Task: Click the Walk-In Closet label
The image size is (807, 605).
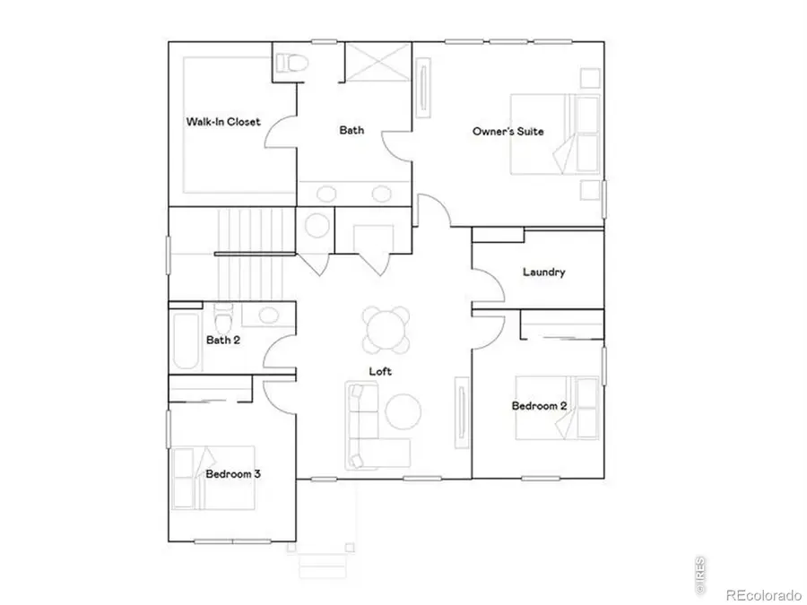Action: [223, 121]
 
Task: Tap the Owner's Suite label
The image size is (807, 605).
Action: [508, 132]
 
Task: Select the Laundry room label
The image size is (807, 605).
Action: [543, 272]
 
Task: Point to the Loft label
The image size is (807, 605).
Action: [380, 370]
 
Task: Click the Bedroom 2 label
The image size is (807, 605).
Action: [539, 406]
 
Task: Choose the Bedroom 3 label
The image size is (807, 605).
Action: [233, 473]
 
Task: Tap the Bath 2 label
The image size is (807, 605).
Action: [223, 340]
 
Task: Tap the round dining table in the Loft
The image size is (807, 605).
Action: [387, 330]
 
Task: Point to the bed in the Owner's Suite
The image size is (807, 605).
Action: [556, 134]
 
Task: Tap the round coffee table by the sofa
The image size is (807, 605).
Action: [403, 411]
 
